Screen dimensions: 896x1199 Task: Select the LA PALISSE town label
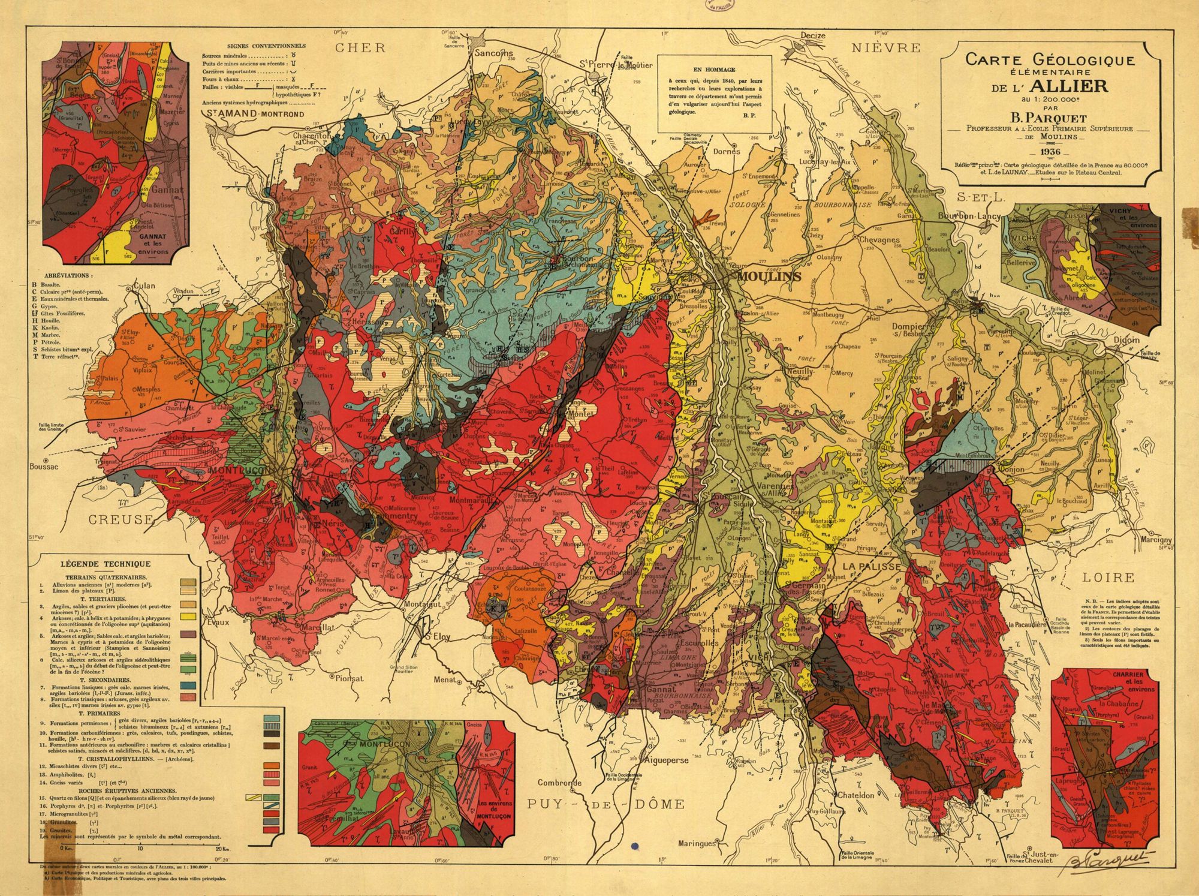tap(871, 567)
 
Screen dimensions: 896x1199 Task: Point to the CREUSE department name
tap(121, 519)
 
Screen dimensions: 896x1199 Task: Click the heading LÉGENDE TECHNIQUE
tap(106, 564)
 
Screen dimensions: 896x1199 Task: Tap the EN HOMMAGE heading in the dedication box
tap(713, 70)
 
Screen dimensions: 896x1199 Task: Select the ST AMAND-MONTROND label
tap(254, 114)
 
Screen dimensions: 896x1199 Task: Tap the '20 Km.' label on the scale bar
tap(221, 849)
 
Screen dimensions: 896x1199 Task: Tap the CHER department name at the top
tap(360, 48)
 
